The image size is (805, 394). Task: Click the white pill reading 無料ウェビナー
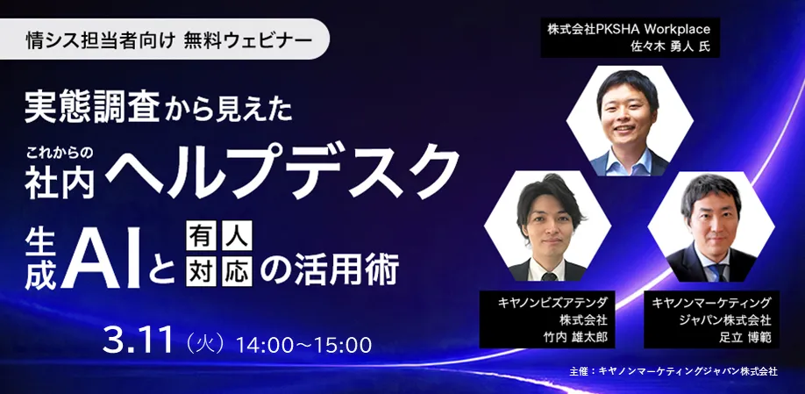pos(164,39)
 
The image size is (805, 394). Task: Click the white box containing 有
pos(200,235)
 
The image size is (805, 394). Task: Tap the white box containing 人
pos(237,235)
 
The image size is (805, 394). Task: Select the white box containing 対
pos(200,271)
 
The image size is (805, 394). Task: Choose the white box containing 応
pos(237,271)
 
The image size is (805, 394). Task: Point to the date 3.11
pos(138,340)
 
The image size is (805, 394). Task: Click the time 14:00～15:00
pos(304,345)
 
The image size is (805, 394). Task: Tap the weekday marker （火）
pos(203,344)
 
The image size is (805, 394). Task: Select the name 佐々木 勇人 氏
pos(671,45)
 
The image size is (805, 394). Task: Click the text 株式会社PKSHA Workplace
pos(629,29)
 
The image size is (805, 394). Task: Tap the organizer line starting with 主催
pos(673,371)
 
